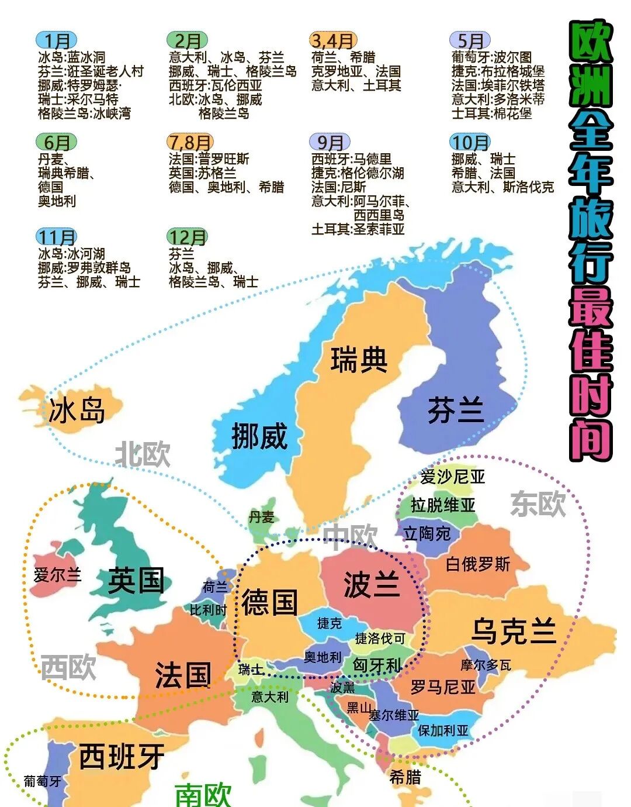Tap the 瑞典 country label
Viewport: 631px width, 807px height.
click(359, 359)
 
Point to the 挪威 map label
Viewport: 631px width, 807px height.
click(259, 436)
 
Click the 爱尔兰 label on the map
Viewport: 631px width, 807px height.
click(57, 575)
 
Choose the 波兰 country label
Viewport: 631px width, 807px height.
click(372, 584)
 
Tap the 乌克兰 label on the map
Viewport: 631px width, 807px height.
click(514, 630)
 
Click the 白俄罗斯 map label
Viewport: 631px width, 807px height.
click(477, 564)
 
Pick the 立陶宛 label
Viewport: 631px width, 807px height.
click(427, 533)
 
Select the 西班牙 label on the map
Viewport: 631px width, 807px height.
click(122, 757)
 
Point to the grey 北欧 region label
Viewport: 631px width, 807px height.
click(143, 454)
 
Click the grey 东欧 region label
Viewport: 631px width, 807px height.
click(538, 503)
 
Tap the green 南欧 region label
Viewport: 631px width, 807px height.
click(203, 794)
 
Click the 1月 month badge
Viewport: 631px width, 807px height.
click(57, 40)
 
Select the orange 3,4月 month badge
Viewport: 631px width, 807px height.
click(332, 40)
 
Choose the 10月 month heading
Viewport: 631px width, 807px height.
click(470, 142)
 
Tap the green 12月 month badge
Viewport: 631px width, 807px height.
click(188, 237)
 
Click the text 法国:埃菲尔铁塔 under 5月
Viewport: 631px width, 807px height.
click(498, 85)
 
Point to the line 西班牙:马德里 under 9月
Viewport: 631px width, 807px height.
click(352, 159)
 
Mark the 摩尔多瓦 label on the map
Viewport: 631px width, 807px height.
click(486, 664)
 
